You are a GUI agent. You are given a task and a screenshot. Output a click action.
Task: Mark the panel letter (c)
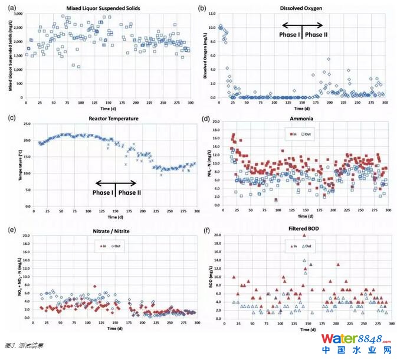(x=12, y=119)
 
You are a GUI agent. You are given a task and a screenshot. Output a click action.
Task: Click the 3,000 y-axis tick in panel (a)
(x=19, y=13)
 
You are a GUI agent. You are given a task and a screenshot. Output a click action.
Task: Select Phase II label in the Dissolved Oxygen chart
(x=317, y=34)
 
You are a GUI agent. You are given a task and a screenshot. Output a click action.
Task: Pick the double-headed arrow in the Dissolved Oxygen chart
(x=303, y=25)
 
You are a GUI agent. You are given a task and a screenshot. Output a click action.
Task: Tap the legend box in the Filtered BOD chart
(x=301, y=245)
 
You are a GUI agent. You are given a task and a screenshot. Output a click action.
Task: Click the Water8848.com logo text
(x=356, y=339)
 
